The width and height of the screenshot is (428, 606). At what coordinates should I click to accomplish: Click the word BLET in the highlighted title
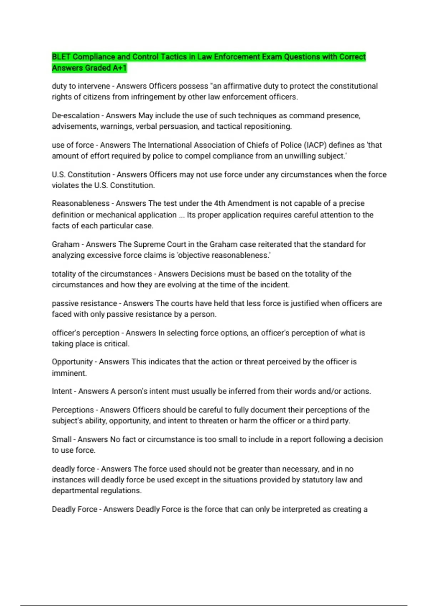[x=61, y=57]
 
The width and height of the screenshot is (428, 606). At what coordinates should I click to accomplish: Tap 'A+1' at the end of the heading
[x=119, y=68]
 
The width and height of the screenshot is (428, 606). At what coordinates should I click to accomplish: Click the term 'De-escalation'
[x=76, y=115]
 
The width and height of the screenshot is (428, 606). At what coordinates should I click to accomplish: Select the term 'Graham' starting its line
[x=66, y=245]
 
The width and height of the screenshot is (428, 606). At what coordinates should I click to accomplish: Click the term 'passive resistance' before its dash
[x=84, y=303]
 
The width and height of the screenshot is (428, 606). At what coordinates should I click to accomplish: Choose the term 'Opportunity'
[x=72, y=362]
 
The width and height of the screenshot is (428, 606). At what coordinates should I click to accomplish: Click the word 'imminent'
[x=69, y=373]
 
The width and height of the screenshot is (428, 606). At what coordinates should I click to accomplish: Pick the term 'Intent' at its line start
[x=62, y=391]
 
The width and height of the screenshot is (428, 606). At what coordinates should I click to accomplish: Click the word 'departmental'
[x=75, y=491]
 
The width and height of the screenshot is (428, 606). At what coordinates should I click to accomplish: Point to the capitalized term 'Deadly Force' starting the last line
[x=74, y=509]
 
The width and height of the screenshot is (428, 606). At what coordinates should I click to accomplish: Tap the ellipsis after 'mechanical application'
[x=182, y=215]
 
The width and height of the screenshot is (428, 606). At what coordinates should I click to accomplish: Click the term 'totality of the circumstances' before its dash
[x=102, y=274]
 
